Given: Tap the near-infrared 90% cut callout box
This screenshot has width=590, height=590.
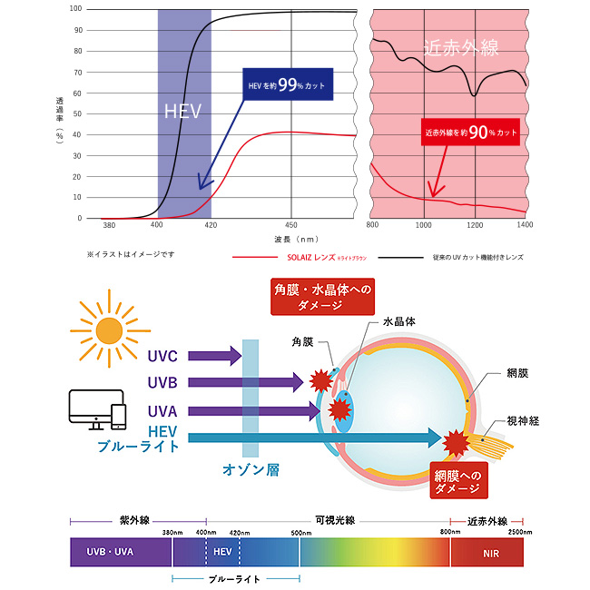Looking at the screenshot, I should click(471, 133).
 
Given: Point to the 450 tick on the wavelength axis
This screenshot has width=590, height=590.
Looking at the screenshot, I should click(291, 224).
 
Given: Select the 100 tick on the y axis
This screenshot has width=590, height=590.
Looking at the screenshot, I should click(76, 9).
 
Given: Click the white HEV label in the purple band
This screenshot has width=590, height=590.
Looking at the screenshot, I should click(182, 113).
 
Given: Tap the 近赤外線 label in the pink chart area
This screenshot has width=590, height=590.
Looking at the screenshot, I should click(461, 47).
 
